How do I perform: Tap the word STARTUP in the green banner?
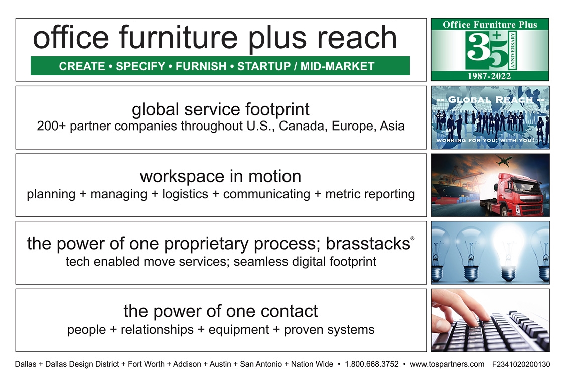click(x=264, y=66)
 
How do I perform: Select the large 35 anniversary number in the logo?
click(x=490, y=50)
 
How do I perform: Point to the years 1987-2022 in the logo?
click(x=489, y=76)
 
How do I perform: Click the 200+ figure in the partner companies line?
click(x=51, y=126)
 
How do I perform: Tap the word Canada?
click(x=302, y=126)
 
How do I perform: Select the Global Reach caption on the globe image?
click(x=490, y=99)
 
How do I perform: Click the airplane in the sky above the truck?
click(x=504, y=160)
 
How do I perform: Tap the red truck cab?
click(x=521, y=194)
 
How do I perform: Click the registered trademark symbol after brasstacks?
click(x=412, y=239)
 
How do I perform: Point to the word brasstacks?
click(x=368, y=244)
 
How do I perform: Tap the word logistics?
click(x=185, y=194)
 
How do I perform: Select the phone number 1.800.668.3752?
click(x=372, y=364)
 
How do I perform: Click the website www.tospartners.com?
click(x=447, y=364)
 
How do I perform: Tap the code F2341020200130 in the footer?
click(x=521, y=364)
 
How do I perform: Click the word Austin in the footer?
click(x=220, y=364)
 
